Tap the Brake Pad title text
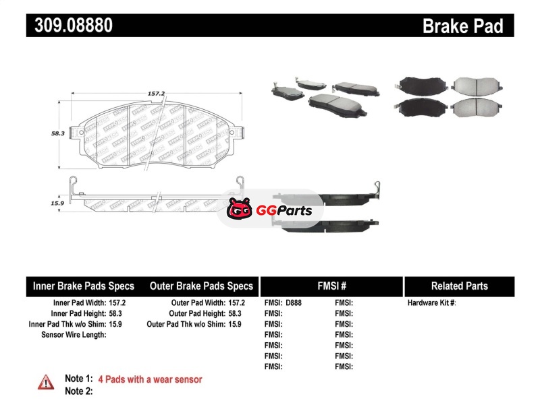coord(462,26)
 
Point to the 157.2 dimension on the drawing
coord(157,94)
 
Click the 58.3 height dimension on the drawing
coord(57,133)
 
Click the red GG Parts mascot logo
coord(238,211)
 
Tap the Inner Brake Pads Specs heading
coord(84,286)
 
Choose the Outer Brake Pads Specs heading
coord(201,286)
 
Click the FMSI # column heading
coord(331,286)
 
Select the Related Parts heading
coord(459,286)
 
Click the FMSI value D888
coord(294,303)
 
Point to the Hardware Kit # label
coord(431,303)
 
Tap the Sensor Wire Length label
coord(74,335)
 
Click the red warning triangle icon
coord(46,382)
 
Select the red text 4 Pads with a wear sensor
coord(150,379)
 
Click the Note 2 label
coord(78,391)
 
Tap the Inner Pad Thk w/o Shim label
coord(67,324)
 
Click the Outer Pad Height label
coord(196,314)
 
